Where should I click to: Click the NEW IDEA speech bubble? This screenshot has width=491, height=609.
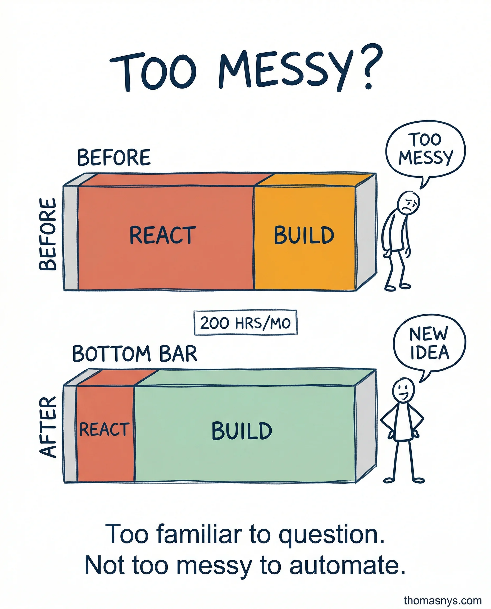[429, 343]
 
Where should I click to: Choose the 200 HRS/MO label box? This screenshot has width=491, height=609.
[245, 323]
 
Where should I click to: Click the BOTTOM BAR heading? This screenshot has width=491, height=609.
[135, 354]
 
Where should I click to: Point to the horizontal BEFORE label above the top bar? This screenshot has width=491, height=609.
[114, 158]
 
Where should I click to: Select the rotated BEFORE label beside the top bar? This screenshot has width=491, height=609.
[48, 234]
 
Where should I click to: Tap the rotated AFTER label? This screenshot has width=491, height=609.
[48, 427]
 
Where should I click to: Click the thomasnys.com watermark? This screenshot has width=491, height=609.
[443, 600]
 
